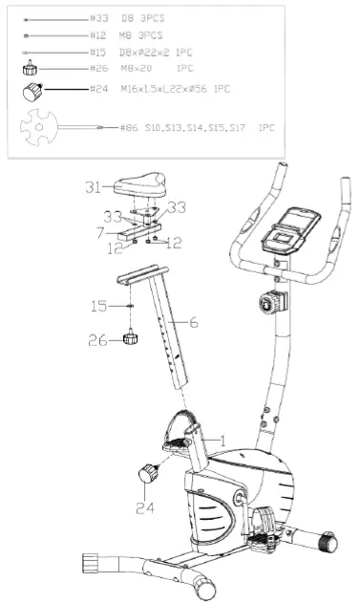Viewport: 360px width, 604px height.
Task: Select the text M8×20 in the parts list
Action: pos(149,70)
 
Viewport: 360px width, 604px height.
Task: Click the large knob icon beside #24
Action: pos(33,93)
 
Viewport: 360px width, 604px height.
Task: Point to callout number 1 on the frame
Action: pos(222,441)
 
